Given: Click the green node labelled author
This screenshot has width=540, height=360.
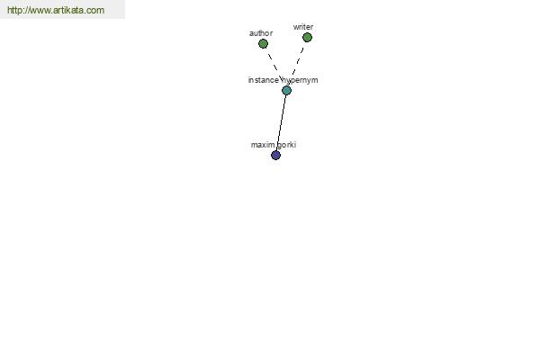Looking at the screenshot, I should pos(263,43).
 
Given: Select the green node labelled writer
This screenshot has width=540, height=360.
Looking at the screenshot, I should pos(307,37).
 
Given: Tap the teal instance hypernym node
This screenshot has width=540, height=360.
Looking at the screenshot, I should pos(286,90).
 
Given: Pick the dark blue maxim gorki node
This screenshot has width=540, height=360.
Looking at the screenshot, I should pos(275,155).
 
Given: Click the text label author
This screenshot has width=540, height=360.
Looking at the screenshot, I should pos(261,33).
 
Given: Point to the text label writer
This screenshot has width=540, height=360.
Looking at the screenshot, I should pos(303,27).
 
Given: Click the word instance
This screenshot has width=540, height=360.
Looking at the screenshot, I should pos(263,80).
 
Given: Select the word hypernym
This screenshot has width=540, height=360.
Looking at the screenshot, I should pos(301,80).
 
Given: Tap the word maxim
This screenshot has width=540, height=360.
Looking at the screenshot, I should pos(262,145).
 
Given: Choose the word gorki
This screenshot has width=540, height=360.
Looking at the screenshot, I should pos(287,145).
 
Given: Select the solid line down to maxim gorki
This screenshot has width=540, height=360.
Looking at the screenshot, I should pos(281,123).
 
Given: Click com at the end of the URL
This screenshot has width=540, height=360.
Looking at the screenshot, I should pos(95,11).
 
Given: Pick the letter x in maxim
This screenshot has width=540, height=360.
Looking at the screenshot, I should pos(262,145).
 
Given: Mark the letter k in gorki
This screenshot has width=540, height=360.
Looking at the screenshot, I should pos(292,145).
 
